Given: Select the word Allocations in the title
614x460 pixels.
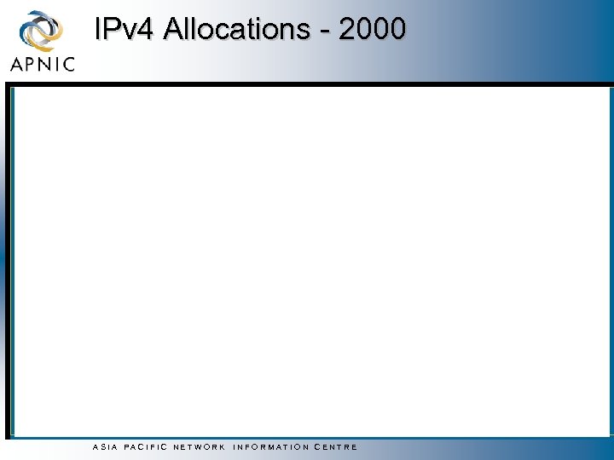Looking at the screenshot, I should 237,29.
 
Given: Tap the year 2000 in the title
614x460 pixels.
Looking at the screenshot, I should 372,29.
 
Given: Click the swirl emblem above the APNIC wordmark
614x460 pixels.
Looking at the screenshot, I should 41,32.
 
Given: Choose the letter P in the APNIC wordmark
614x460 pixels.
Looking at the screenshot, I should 32,64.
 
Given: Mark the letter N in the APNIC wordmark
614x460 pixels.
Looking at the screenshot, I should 46,64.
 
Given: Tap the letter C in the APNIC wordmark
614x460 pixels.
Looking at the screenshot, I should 67,64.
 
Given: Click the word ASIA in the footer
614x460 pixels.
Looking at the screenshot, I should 102,447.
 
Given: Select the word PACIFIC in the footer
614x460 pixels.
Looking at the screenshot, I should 145,447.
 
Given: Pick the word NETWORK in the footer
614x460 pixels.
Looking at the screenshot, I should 200,447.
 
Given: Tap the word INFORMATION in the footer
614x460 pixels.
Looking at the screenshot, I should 271,447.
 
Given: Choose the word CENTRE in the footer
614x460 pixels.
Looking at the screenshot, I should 336,447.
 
